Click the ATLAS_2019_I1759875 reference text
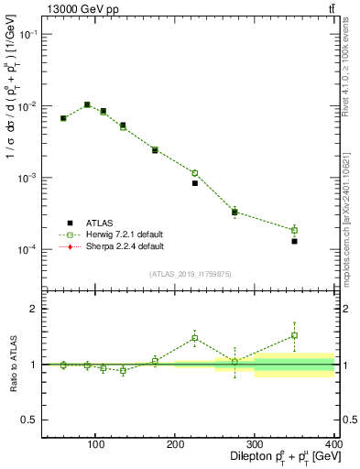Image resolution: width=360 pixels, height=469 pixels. click(x=191, y=273)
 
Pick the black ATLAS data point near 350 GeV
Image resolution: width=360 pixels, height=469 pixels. click(x=294, y=241)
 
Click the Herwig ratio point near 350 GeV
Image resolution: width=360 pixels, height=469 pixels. click(x=294, y=335)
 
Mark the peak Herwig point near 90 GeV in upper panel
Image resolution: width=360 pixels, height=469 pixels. click(x=87, y=104)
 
